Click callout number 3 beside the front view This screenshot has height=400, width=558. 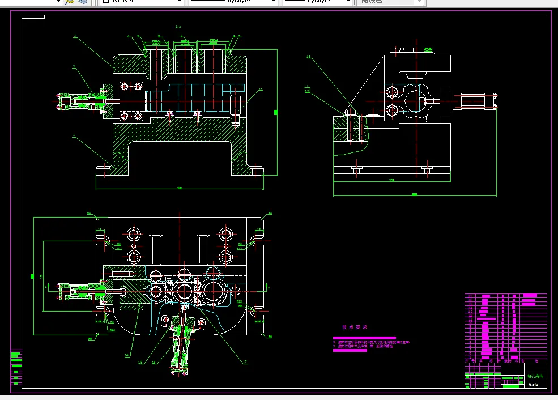pyautogui.click(x=75, y=36)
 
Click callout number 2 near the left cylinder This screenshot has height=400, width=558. pyautogui.click(x=74, y=67)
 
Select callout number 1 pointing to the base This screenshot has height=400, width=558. pyautogui.click(x=74, y=135)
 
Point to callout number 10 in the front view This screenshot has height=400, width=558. pyautogui.click(x=261, y=90)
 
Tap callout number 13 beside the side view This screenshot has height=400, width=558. pyautogui.click(x=309, y=57)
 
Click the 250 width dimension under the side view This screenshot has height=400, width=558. pyautogui.click(x=391, y=181)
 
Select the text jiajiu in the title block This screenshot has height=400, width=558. pyautogui.click(x=533, y=384)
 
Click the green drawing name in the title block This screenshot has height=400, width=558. pyautogui.click(x=534, y=376)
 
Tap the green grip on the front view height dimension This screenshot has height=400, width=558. pyautogui.click(x=276, y=113)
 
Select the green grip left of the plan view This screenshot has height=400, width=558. pyautogui.click(x=32, y=276)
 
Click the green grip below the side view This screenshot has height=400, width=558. pyautogui.click(x=414, y=194)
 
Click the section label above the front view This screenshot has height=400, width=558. pyautogui.click(x=178, y=27)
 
